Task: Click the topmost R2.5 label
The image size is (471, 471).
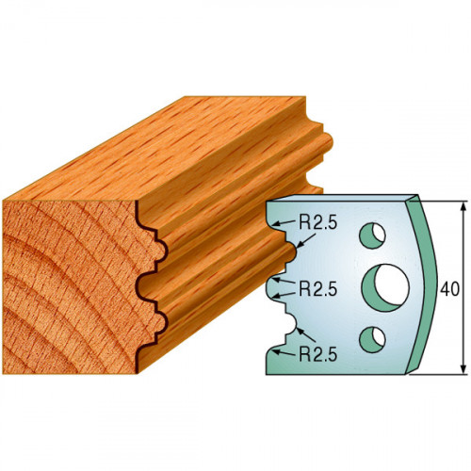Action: coord(317,223)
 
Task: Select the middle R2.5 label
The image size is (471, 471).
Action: coord(317,288)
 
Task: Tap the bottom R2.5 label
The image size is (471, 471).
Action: coord(317,354)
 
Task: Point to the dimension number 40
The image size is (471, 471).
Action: coord(449,289)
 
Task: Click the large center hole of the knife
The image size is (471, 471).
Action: coord(385,288)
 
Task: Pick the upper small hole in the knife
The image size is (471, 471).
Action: coord(372,235)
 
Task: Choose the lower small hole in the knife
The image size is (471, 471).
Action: coord(372,339)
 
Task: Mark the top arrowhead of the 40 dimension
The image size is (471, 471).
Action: coord(463,206)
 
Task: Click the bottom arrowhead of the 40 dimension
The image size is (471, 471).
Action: coord(463,369)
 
